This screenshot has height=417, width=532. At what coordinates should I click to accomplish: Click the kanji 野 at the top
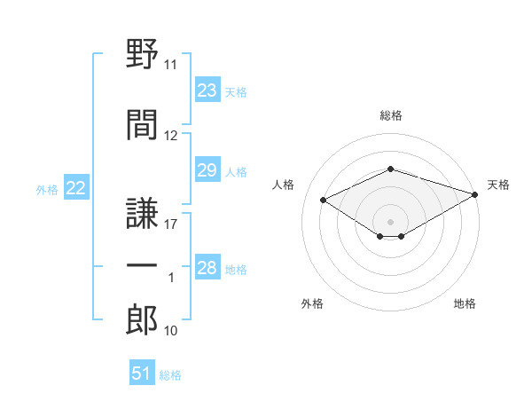click(x=142, y=53)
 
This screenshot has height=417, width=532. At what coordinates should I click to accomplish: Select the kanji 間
click(x=142, y=124)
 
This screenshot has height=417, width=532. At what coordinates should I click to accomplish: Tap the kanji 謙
click(x=142, y=213)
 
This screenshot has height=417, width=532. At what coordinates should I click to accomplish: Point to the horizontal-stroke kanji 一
click(x=142, y=265)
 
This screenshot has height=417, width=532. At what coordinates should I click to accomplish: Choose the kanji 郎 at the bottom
click(x=142, y=319)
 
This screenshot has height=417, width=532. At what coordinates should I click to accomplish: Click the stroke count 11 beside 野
click(x=170, y=65)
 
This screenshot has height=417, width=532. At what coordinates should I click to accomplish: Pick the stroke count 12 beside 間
click(x=170, y=136)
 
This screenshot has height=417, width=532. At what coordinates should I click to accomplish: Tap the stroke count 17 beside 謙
click(x=170, y=224)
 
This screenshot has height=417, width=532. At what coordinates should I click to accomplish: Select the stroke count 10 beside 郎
click(x=170, y=331)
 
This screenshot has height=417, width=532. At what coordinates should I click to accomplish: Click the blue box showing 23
click(x=207, y=90)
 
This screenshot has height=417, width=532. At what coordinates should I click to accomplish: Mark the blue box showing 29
click(x=207, y=169)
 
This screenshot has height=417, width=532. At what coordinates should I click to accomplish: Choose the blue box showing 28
click(x=207, y=266)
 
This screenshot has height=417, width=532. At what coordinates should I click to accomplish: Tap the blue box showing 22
click(x=76, y=187)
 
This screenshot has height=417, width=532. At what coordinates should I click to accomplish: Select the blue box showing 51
click(x=142, y=372)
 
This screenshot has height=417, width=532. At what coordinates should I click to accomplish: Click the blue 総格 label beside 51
click(x=170, y=375)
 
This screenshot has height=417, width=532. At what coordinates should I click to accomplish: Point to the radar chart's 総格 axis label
click(x=391, y=115)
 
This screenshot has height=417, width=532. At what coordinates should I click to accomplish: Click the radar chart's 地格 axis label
click(x=465, y=303)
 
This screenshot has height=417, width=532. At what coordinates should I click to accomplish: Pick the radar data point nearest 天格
click(x=475, y=194)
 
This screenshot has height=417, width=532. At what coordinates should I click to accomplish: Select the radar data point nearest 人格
click(x=324, y=200)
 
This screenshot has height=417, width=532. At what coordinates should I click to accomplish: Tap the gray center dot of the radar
click(x=390, y=222)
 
